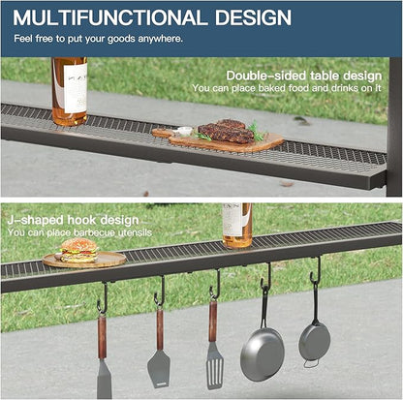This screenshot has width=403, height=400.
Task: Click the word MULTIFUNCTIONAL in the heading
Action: [110, 17]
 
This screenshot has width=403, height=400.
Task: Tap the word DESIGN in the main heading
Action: [253, 17]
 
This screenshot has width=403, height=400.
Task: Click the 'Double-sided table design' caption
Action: [304, 76]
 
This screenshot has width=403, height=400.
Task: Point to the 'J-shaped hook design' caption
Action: [73, 221]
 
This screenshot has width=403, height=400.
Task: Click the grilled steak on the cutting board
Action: [226, 131]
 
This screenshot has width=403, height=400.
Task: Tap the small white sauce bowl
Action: [185, 131]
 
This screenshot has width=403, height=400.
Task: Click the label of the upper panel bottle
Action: [75, 88]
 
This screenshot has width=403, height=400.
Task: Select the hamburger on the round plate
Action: [78, 250]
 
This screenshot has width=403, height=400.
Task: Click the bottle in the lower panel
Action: [237, 226]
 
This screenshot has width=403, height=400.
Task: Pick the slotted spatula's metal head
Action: [215, 365]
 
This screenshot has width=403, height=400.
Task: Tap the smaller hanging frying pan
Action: [314, 339]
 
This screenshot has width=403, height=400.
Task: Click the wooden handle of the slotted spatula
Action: [213, 322]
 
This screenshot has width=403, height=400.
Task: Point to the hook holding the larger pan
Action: [266, 277]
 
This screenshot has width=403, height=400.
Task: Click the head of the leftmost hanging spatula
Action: [105, 379]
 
